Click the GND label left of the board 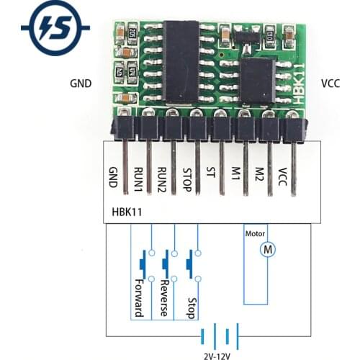click(x=81, y=83)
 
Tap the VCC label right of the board click(x=330, y=83)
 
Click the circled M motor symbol click(x=267, y=248)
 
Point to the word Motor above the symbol click(x=256, y=233)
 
